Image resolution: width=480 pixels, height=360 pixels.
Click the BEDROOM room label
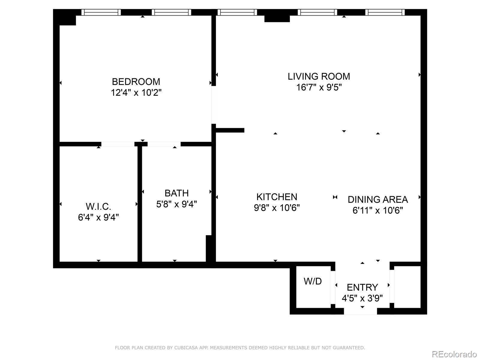(136, 82)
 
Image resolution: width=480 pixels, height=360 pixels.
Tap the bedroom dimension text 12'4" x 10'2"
(136, 93)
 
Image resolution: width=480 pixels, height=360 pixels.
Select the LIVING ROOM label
(319, 76)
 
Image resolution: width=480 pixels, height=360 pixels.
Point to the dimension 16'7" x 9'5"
(319, 88)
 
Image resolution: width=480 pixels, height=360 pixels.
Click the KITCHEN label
(277, 197)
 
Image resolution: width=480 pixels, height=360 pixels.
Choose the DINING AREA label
(377, 199)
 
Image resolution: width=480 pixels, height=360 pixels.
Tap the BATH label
(176, 193)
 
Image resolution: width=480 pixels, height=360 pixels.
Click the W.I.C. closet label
(98, 206)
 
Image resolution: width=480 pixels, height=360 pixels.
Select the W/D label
(313, 281)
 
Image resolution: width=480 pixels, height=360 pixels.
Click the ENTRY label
(362, 287)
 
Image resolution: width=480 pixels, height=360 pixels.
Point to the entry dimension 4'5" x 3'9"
(362, 298)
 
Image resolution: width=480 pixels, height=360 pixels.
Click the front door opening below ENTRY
(360, 312)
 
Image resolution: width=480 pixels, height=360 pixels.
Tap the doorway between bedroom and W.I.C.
(118, 144)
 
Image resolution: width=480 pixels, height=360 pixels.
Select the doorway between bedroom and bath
(164, 144)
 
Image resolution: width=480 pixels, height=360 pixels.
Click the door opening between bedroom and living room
(214, 105)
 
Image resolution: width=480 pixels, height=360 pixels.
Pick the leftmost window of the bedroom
(101, 12)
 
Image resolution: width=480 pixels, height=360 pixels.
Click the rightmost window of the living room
(385, 12)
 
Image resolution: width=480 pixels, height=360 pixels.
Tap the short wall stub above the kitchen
(230, 130)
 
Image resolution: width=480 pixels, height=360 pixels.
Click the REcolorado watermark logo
(454, 354)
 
